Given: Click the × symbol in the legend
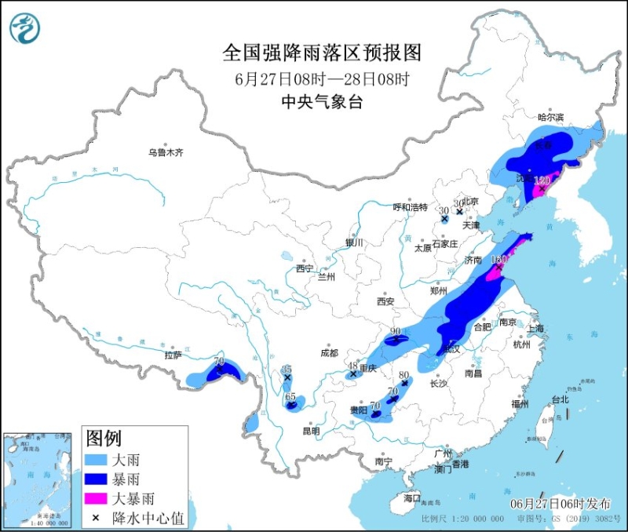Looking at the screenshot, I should click(97, 516).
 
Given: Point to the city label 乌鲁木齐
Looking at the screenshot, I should click(166, 152).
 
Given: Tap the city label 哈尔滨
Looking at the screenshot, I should click(550, 117).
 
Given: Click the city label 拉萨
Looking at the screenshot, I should click(173, 355).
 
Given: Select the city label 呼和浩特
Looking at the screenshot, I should click(410, 207).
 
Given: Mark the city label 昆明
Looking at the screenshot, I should click(310, 431).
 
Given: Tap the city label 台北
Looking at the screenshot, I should click(560, 399).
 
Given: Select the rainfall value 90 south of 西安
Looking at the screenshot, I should click(396, 331).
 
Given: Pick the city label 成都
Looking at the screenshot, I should click(328, 353).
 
